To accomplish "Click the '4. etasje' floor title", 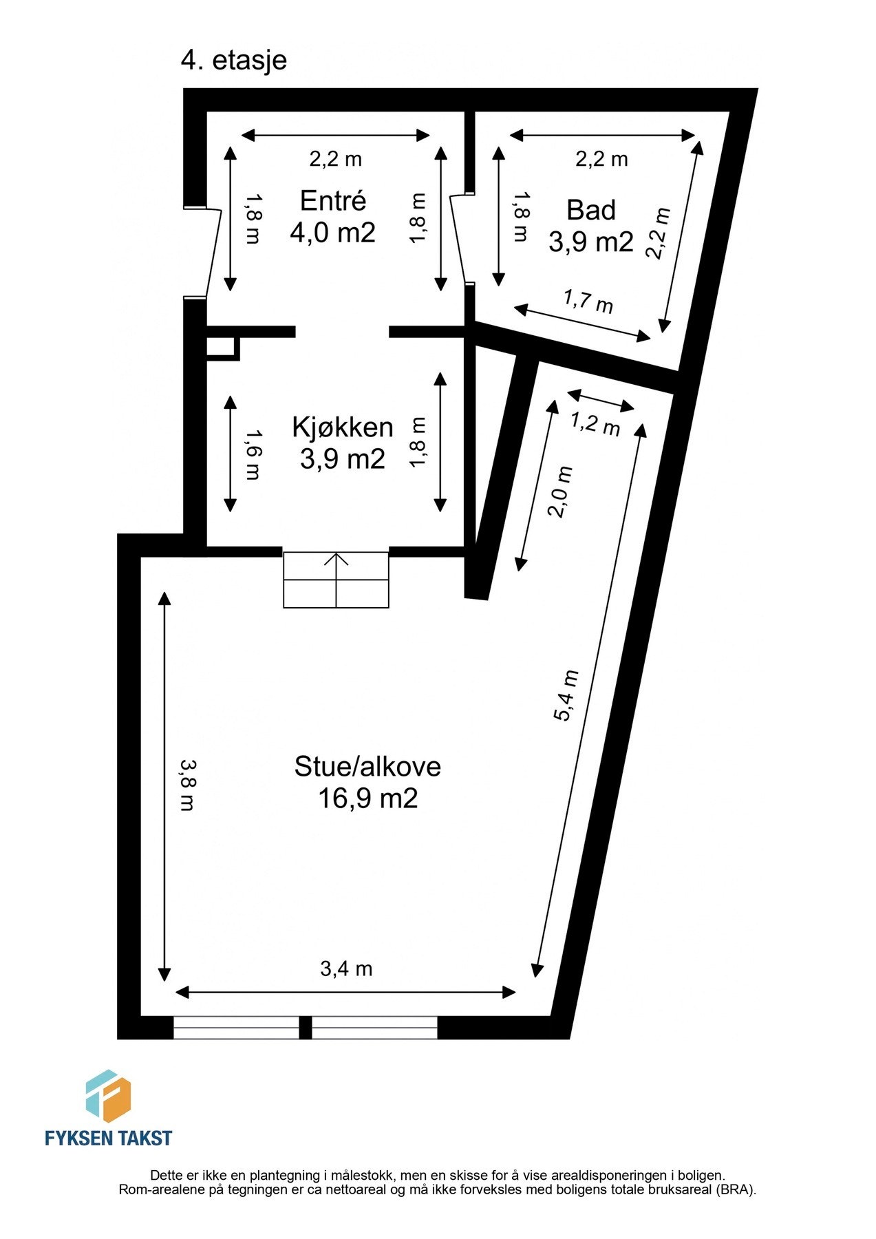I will pos(233,61).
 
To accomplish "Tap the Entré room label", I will pos(333,201).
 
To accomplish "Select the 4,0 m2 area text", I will pos(333,233).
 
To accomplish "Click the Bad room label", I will pos(590,210).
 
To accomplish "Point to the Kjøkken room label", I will pos(342,427).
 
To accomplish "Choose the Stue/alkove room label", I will pos(367,766).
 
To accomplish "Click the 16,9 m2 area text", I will pos(367,798).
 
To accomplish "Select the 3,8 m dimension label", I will pos(186,784).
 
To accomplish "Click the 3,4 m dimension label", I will pos(346,969).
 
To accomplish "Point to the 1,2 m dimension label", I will pos(596,423).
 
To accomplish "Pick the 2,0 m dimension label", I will pos(560,492).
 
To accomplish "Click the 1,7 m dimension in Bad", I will pos(588,301).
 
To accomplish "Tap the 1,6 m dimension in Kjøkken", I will pos(253,454).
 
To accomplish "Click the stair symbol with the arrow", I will pos(336,580).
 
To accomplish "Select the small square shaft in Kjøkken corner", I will pos(222,348).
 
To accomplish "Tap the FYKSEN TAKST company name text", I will pos(108,1138).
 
